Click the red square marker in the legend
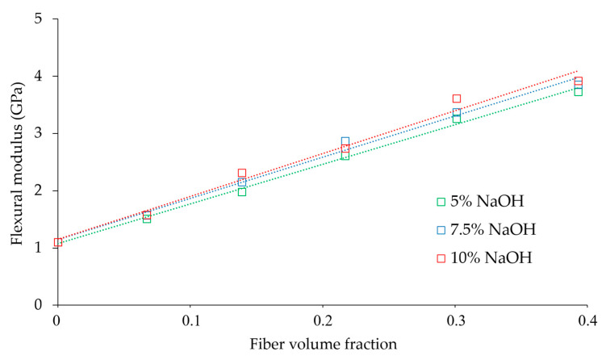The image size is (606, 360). click(441, 258)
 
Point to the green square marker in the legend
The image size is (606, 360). click(441, 203)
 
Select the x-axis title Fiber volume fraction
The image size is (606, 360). click(323, 345)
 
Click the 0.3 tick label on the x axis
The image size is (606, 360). click(456, 320)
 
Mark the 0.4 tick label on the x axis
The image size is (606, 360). click(588, 320)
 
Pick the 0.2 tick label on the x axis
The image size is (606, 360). click(323, 320)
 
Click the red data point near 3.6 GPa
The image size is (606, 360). click(457, 98)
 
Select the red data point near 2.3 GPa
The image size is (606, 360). click(242, 174)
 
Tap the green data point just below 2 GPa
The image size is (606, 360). click(242, 192)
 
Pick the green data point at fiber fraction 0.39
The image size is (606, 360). click(579, 92)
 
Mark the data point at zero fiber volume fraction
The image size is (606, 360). click(58, 242)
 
